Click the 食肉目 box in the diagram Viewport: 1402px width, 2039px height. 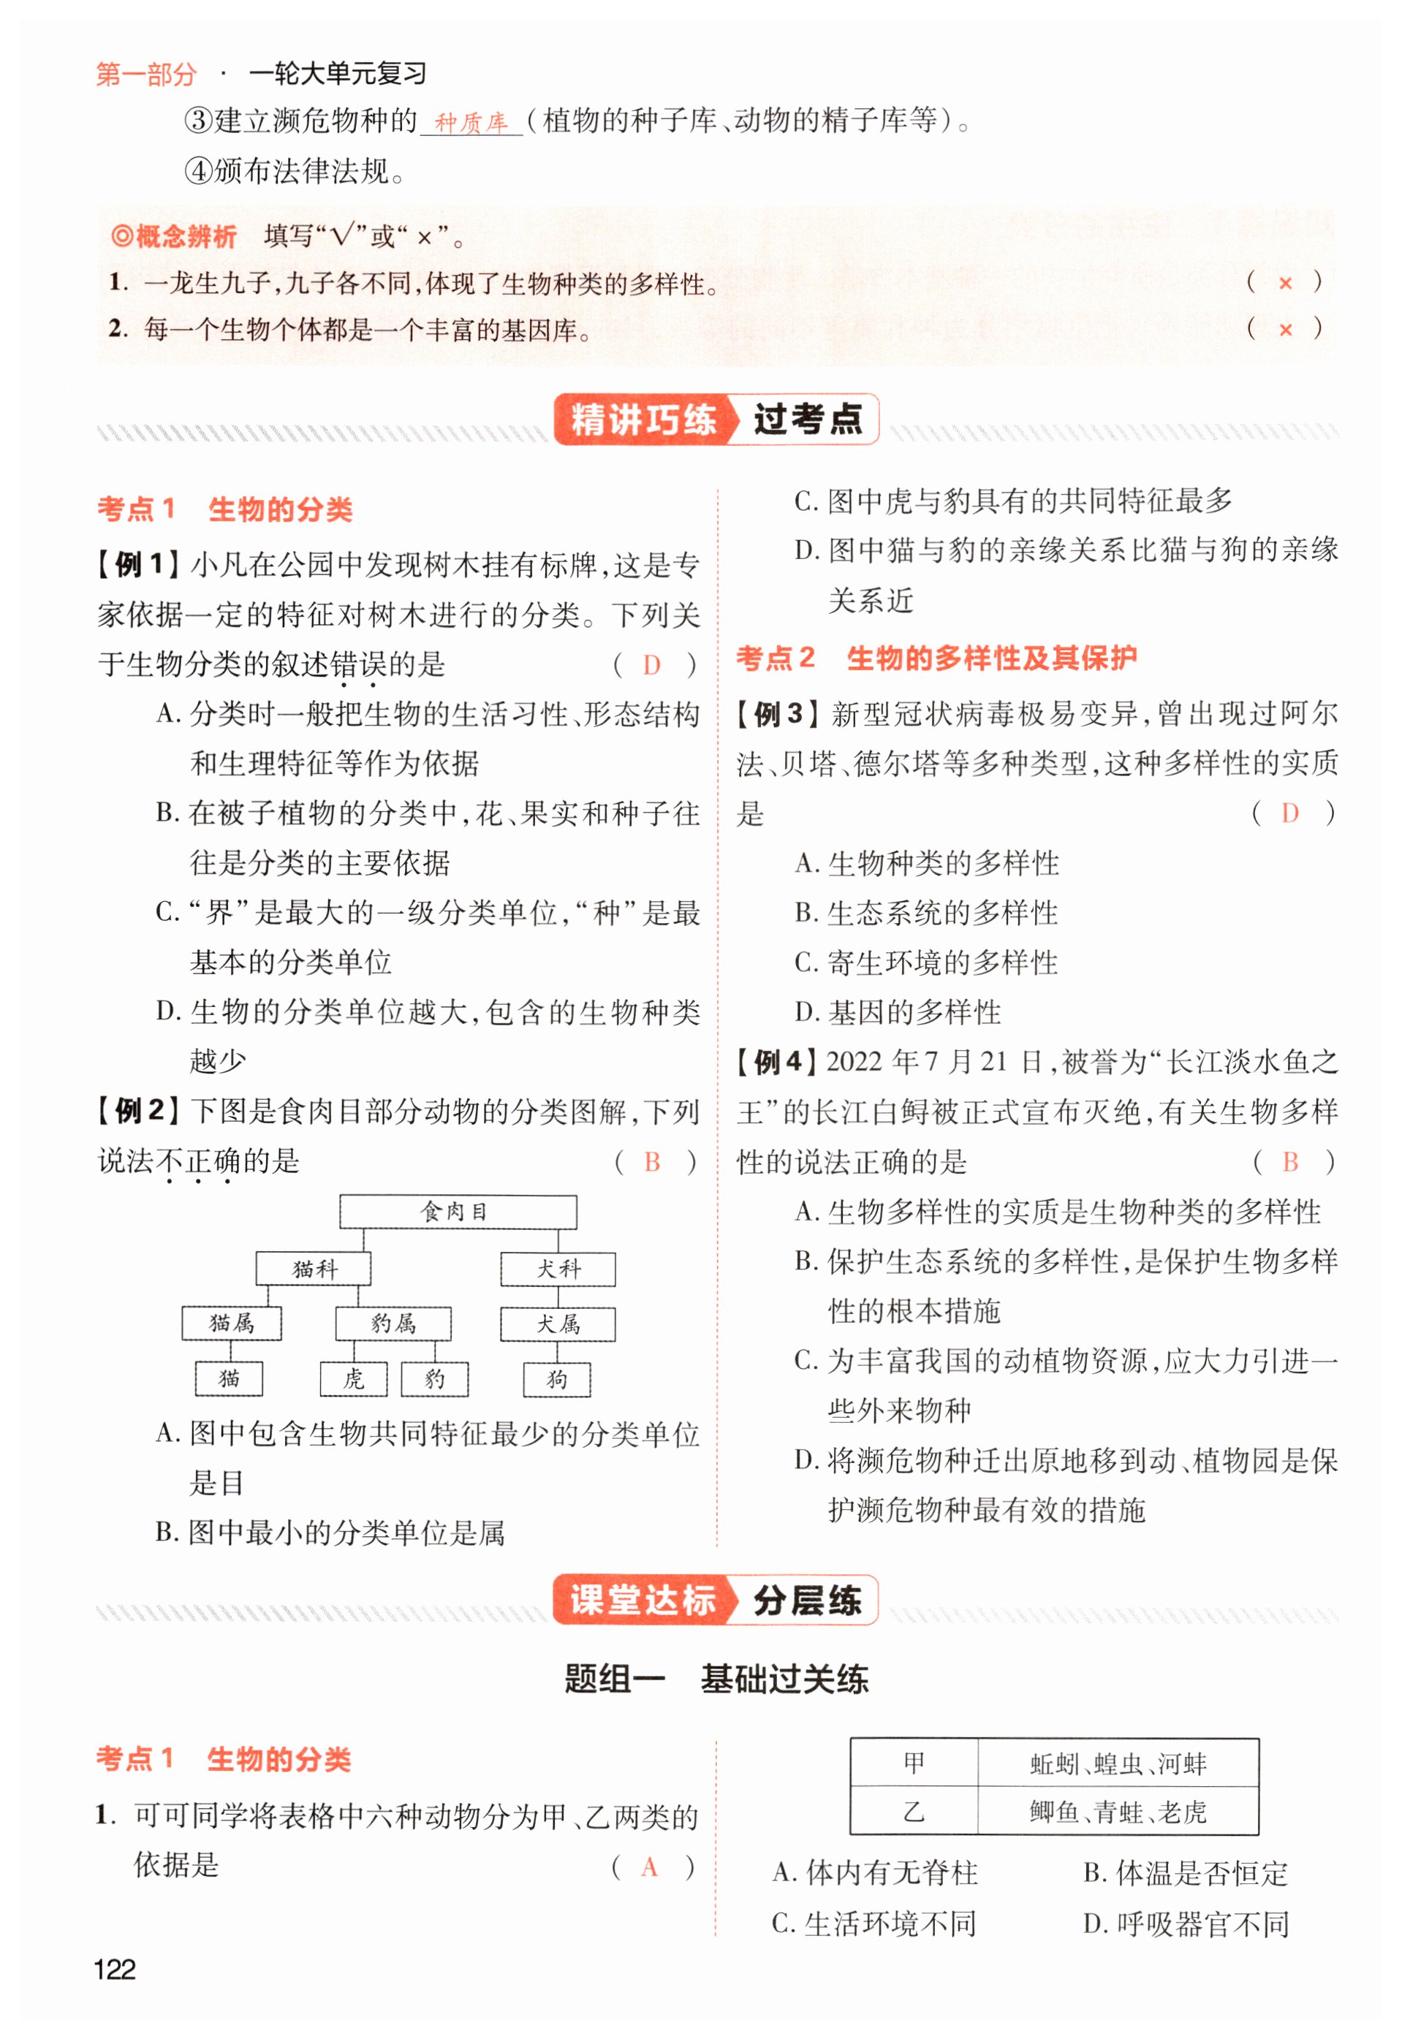(458, 1212)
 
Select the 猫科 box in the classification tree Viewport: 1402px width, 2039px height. (313, 1268)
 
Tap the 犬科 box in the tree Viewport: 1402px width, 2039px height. (558, 1268)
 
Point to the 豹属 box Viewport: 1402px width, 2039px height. (393, 1324)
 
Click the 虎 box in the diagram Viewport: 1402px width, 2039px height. (353, 1378)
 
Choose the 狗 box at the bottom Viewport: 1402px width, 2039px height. (557, 1380)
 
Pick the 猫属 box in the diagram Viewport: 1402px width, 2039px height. (232, 1323)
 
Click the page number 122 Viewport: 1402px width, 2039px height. (114, 1970)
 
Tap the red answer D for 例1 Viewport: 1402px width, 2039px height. (651, 665)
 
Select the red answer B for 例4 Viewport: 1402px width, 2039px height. (1289, 1162)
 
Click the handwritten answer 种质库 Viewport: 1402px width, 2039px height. (471, 122)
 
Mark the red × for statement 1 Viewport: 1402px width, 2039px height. (1285, 283)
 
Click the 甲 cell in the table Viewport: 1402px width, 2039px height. (914, 1763)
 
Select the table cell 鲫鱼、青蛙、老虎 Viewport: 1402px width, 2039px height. (1118, 1812)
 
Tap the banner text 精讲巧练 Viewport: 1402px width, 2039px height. (643, 419)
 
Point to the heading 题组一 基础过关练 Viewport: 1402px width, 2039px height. (715, 1679)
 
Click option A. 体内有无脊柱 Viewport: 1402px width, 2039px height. (875, 1873)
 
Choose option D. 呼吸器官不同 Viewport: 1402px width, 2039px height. (1186, 1924)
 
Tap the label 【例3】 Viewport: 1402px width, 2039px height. (778, 714)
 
